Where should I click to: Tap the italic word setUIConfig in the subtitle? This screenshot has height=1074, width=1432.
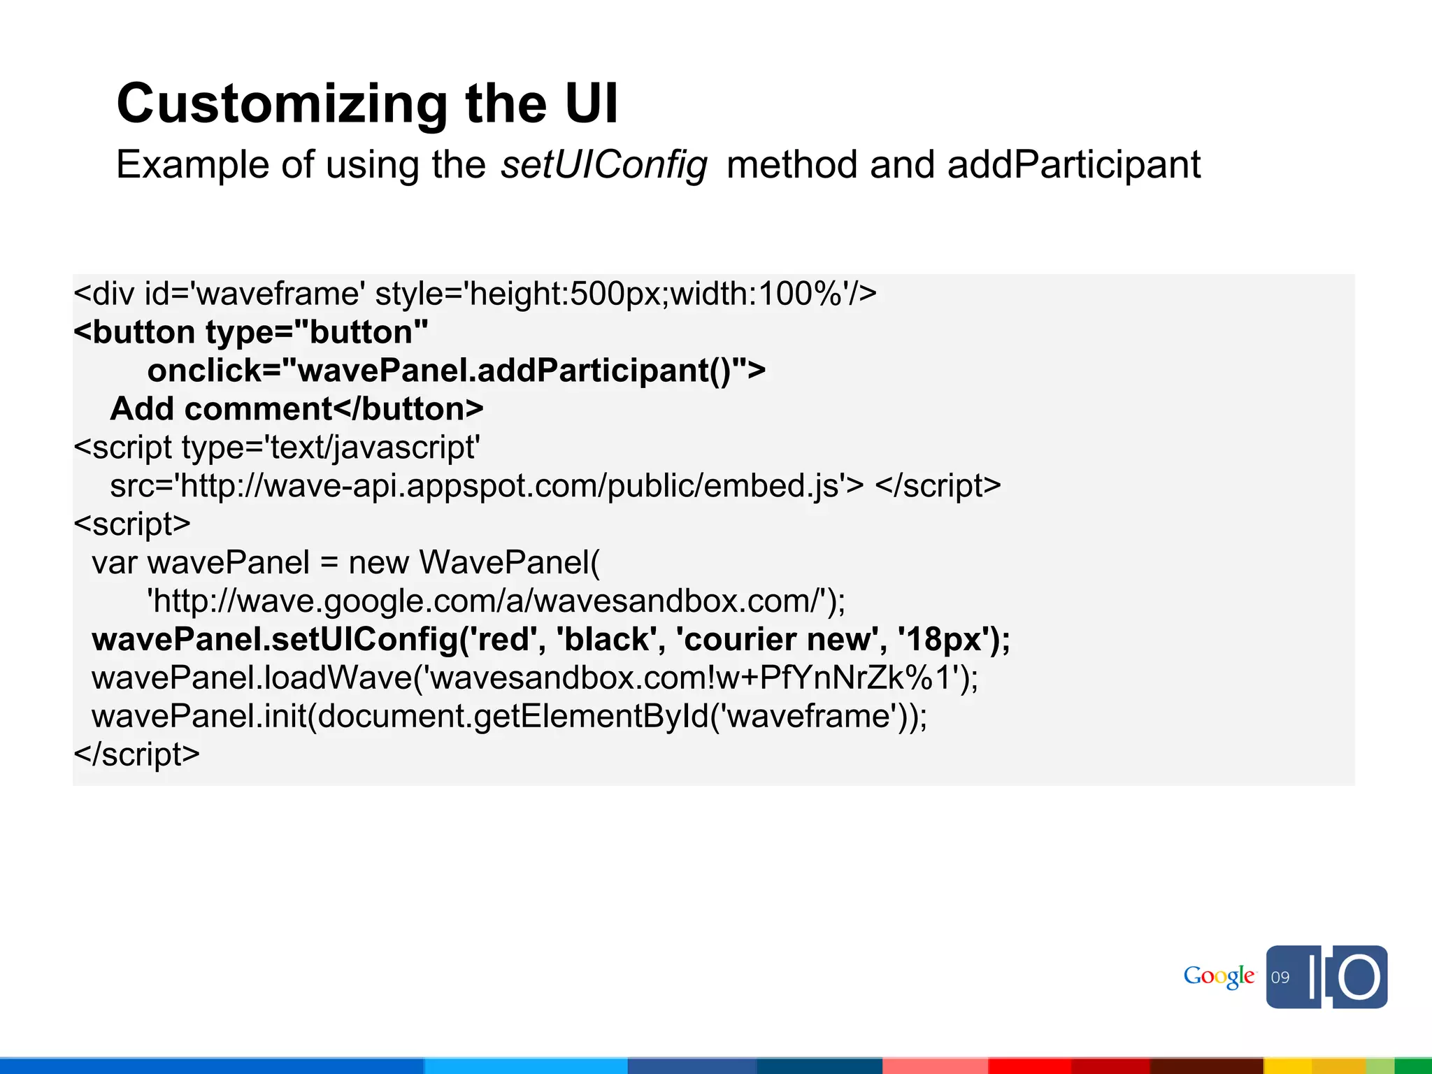click(603, 165)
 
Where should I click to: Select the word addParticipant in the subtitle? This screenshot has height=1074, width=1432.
click(1073, 165)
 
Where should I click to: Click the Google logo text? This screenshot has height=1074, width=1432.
click(1219, 976)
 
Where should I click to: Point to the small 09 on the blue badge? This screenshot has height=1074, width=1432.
click(1280, 978)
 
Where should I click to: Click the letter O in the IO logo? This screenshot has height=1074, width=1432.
click(1359, 977)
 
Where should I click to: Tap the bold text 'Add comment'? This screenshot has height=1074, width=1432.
click(221, 408)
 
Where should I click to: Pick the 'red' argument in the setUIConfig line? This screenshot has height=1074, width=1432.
click(507, 639)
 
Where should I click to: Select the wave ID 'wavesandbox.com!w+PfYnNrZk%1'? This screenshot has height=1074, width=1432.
click(692, 678)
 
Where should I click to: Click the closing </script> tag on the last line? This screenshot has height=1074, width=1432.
click(137, 754)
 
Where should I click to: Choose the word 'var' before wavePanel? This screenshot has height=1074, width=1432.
click(114, 562)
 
